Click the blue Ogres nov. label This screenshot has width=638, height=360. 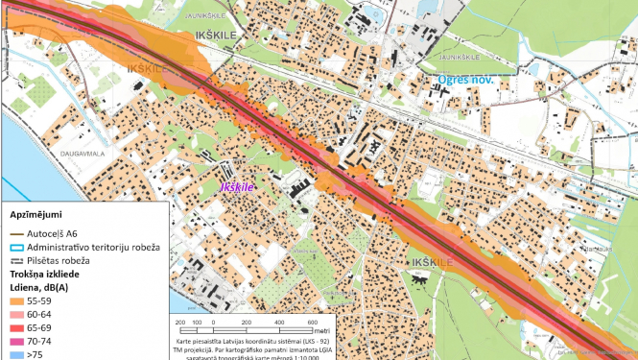pyautogui.click(x=465, y=80)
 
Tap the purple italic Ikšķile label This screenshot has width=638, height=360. pyautogui.click(x=236, y=188)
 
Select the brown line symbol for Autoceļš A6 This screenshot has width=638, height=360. pyautogui.click(x=17, y=233)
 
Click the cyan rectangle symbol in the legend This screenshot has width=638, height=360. pyautogui.click(x=17, y=247)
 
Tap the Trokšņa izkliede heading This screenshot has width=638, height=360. pyautogui.click(x=48, y=275)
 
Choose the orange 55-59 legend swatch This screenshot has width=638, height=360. pyautogui.click(x=17, y=301)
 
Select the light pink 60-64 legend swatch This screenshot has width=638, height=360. pyautogui.click(x=17, y=315)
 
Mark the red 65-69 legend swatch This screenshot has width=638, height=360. pyautogui.click(x=17, y=328)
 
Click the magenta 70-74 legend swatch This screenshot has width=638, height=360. pyautogui.click(x=17, y=342)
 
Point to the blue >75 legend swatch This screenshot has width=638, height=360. pyautogui.click(x=17, y=354)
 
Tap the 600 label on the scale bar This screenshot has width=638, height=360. pyautogui.click(x=312, y=322)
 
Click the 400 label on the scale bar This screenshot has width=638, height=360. pyautogui.click(x=279, y=322)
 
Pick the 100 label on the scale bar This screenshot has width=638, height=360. pyautogui.click(x=197, y=322)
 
